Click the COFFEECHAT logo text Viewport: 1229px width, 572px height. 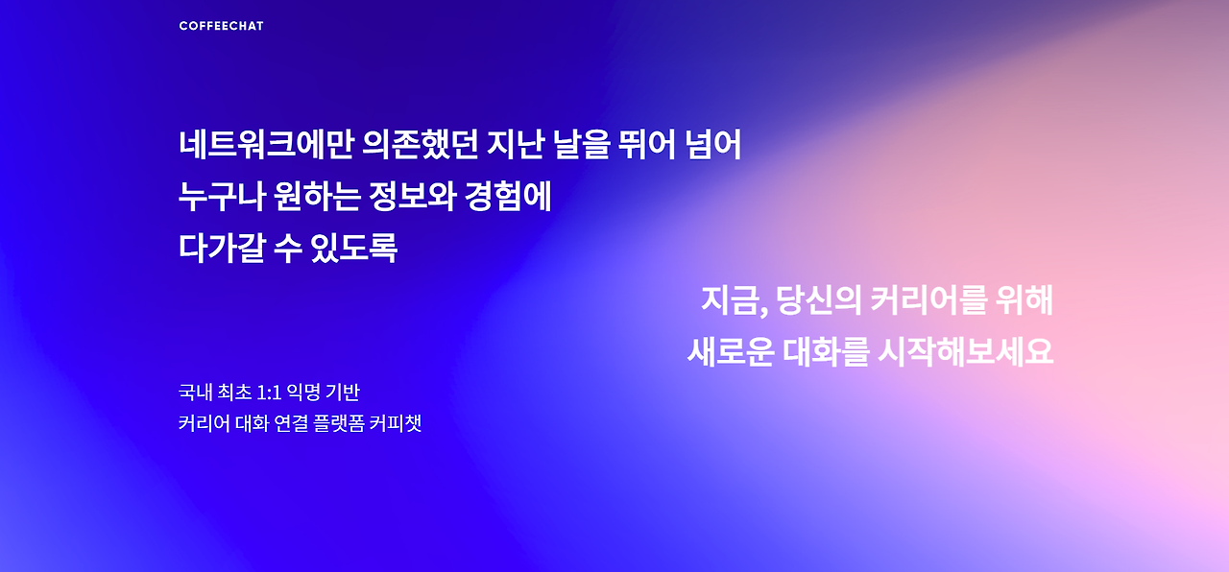pyautogui.click(x=221, y=26)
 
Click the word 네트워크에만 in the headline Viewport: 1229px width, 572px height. pyautogui.click(x=266, y=144)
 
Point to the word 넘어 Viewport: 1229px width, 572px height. pyautogui.click(x=713, y=144)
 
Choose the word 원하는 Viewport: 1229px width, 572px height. pyautogui.click(x=317, y=197)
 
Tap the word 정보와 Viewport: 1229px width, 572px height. pyautogui.click(x=413, y=197)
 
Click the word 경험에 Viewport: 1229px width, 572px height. pyautogui.click(x=508, y=197)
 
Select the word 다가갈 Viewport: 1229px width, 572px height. pyautogui.click(x=222, y=248)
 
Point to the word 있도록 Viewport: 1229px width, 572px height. pyautogui.click(x=354, y=248)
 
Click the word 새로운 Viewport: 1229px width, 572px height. pyautogui.click(x=731, y=351)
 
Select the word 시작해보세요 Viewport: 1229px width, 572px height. pyautogui.click(x=966, y=351)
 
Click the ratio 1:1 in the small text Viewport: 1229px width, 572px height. pyautogui.click(x=269, y=393)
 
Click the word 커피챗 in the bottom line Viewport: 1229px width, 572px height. pyautogui.click(x=396, y=423)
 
